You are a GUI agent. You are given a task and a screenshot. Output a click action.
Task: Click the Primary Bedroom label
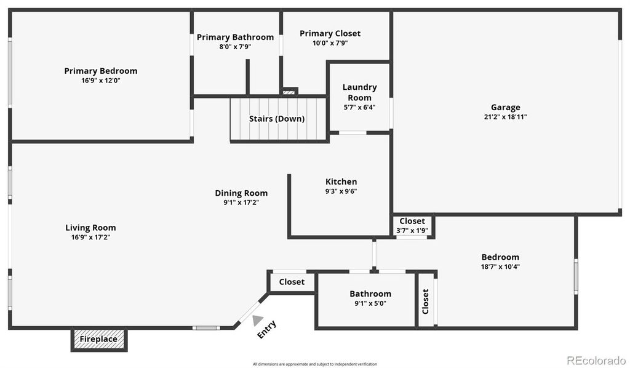[x=100, y=71]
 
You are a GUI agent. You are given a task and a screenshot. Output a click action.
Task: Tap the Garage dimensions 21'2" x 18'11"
[x=505, y=116]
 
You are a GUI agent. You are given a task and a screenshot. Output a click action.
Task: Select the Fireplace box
[x=98, y=339]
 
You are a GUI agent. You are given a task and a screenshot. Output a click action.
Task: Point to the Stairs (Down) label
[x=277, y=119]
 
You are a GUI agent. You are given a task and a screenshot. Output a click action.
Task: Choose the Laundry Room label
[x=359, y=92]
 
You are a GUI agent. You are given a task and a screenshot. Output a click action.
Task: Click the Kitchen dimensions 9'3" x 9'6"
[x=341, y=191]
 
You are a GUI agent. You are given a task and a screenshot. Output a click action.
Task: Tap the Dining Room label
[x=241, y=193]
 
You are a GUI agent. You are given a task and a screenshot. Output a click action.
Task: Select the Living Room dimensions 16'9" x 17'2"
[x=90, y=237]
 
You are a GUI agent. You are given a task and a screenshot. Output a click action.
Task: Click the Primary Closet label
[x=330, y=33]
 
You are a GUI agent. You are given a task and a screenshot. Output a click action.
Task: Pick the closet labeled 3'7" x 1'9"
[x=412, y=225]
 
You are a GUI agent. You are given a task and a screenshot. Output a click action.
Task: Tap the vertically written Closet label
[x=425, y=302]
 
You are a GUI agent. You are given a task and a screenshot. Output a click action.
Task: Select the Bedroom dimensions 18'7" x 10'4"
[x=500, y=266]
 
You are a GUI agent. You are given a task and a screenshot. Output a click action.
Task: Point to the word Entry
[x=266, y=329]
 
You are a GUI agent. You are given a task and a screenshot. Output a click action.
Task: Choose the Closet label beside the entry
[x=292, y=282]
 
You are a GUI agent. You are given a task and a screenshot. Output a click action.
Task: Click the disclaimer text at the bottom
[x=315, y=364]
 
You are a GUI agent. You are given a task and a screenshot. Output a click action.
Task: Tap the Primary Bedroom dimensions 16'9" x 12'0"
[x=100, y=80]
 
